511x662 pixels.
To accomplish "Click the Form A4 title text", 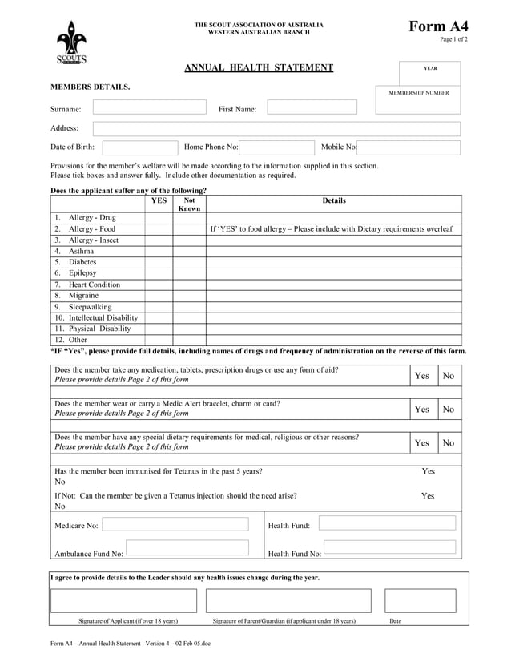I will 439,26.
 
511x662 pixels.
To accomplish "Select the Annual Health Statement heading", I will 259,67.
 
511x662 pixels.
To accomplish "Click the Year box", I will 430,73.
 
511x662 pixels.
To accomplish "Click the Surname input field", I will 149,107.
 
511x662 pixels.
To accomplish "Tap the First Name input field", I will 312,107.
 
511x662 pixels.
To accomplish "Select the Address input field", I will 276,129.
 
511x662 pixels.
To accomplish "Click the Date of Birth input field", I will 140,147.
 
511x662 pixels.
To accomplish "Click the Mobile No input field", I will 408,147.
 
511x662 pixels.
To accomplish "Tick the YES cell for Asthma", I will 159,252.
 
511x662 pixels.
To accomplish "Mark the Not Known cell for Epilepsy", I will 189,273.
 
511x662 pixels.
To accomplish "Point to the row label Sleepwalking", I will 90,307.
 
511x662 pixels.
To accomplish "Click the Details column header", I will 334,201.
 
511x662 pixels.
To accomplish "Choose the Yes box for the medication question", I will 421,376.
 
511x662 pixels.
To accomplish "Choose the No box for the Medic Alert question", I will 449,410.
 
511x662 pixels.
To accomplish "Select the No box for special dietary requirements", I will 449,443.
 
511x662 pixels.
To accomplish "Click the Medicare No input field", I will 180,525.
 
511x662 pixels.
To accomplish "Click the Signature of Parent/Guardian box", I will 288,600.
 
